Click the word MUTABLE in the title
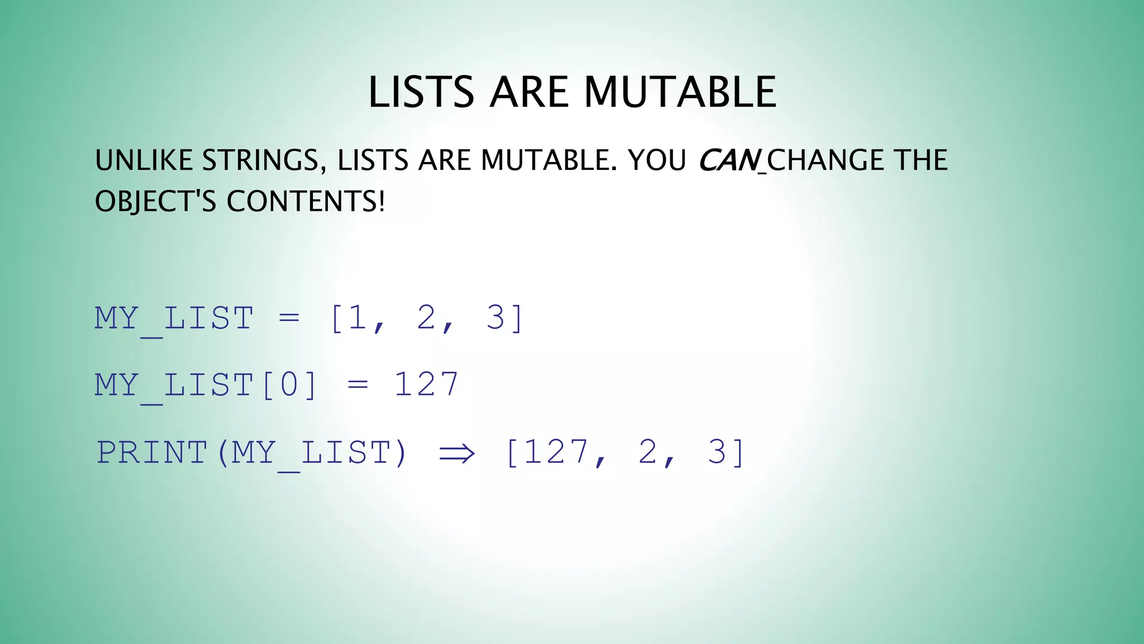(680, 92)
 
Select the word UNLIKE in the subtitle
(144, 160)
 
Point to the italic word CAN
(728, 160)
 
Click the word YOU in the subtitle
(657, 160)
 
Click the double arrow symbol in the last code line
(456, 453)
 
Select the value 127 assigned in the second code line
(426, 385)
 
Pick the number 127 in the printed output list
(556, 452)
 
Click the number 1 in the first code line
(357, 318)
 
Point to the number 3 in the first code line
(495, 318)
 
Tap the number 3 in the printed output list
(717, 452)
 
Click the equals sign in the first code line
(289, 319)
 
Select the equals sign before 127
(357, 385)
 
